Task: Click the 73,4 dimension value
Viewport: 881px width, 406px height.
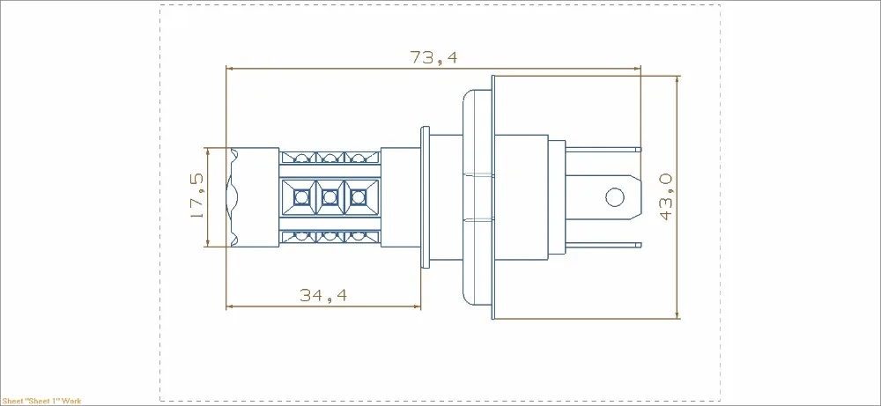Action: [434, 57]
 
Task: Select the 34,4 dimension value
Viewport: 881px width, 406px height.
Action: [323, 296]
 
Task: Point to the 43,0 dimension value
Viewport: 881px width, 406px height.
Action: [665, 196]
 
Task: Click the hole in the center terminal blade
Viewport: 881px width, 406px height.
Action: [612, 196]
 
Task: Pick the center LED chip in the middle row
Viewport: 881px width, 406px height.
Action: [329, 196]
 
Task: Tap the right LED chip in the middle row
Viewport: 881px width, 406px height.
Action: [357, 196]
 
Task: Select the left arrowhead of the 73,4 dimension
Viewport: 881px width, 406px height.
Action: [231, 67]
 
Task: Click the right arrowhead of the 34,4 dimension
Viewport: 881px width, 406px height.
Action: [417, 306]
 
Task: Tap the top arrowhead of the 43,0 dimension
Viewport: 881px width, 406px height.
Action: [677, 79]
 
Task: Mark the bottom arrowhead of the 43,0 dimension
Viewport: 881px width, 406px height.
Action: [677, 314]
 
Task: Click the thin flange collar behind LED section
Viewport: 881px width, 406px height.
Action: [425, 196]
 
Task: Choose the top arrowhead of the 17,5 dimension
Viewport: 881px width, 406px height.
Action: [208, 151]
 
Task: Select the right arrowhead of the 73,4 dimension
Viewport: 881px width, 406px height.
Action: [637, 67]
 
